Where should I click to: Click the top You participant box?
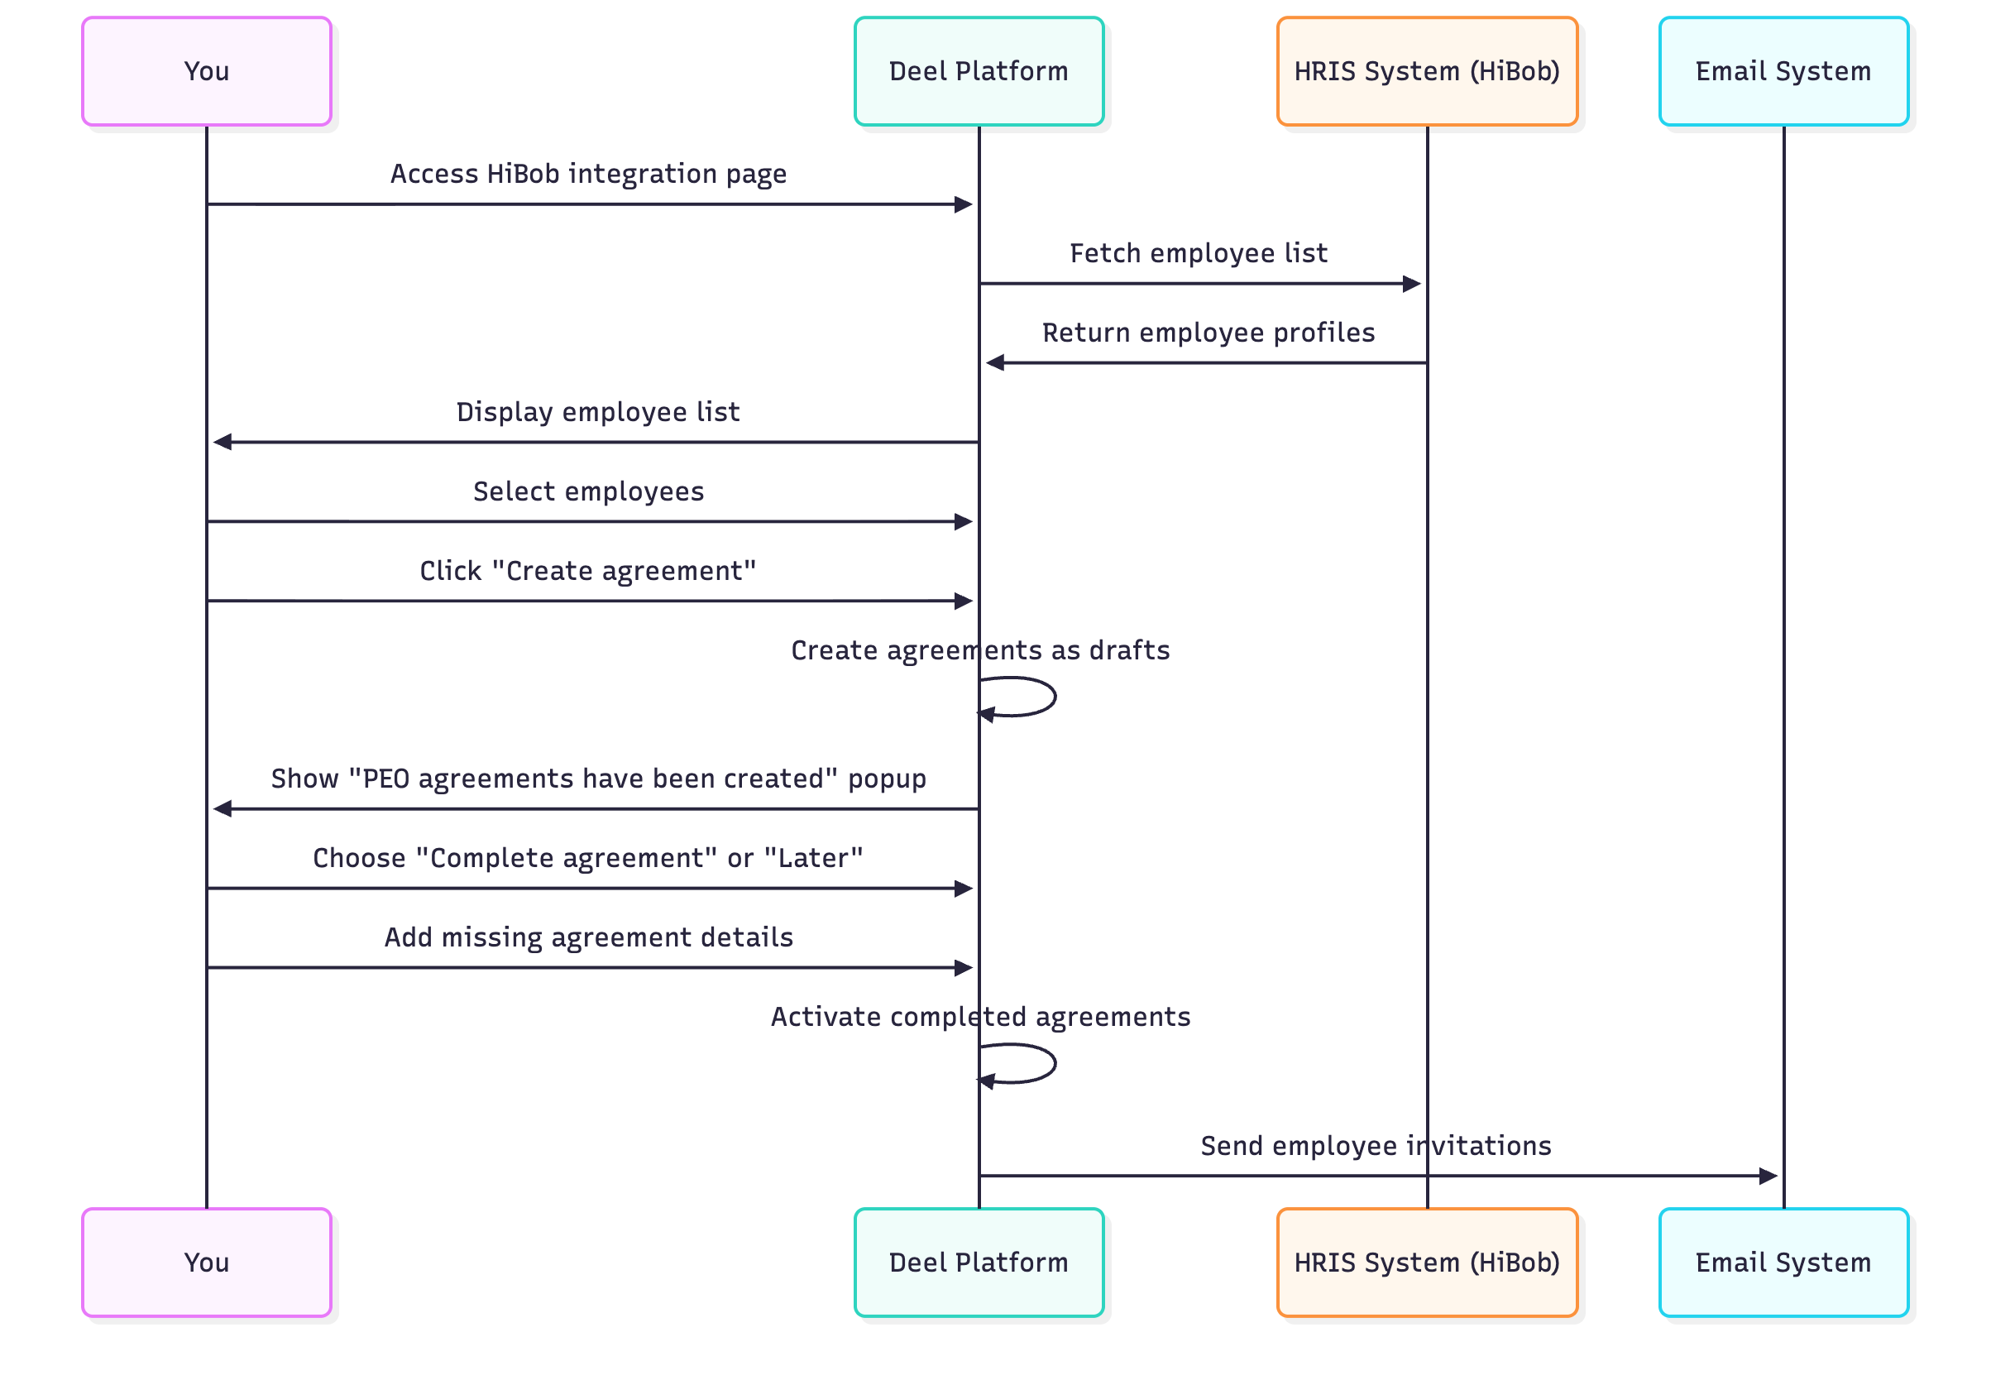[x=207, y=71]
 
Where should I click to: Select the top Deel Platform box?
[x=979, y=71]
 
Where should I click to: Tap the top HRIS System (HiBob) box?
[x=1427, y=71]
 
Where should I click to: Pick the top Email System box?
[x=1783, y=71]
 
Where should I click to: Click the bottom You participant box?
[x=207, y=1262]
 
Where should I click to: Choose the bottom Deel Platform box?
[x=979, y=1262]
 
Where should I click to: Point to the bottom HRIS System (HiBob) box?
[x=1427, y=1262]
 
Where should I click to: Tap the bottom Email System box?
[x=1783, y=1262]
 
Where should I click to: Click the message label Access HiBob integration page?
[x=588, y=174]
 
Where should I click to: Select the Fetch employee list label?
[x=1198, y=253]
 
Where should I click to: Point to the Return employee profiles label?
[x=1208, y=332]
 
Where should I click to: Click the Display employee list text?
[x=597, y=412]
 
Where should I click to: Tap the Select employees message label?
[x=588, y=491]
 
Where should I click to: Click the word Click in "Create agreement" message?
[x=450, y=571]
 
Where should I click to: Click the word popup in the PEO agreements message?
[x=886, y=779]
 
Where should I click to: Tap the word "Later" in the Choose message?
[x=812, y=858]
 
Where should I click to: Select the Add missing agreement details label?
[x=588, y=937]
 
